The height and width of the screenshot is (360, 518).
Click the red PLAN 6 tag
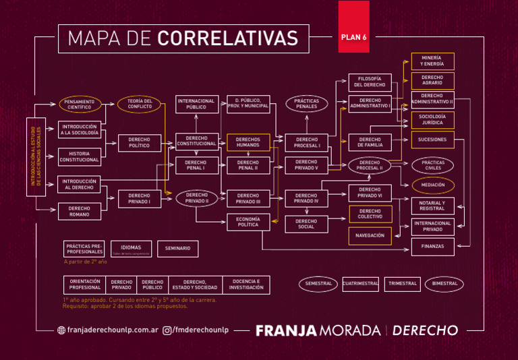[353, 38]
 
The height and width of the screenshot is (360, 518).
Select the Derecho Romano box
[79, 212]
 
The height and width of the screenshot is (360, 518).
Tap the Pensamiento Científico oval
[79, 104]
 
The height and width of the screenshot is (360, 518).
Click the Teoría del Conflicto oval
[140, 104]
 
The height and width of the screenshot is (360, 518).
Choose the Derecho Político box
[140, 142]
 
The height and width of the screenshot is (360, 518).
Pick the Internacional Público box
[196, 104]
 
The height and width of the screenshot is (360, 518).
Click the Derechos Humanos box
[248, 142]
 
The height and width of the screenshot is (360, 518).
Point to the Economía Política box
[248, 221]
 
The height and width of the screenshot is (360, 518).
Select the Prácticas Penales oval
[306, 104]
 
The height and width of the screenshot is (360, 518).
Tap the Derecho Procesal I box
[306, 142]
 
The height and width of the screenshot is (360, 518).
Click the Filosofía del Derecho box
[370, 82]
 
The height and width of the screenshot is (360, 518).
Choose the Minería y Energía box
[432, 61]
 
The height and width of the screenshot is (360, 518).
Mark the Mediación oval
[432, 185]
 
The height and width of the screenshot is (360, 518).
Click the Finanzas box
[432, 247]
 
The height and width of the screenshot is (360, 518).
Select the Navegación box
[370, 235]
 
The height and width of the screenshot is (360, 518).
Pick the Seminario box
[178, 249]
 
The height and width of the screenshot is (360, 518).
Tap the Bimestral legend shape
[444, 284]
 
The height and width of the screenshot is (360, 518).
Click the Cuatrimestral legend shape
[360, 284]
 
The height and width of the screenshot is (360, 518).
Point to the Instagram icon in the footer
[167, 330]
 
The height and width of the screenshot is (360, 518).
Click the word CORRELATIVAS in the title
[228, 38]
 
